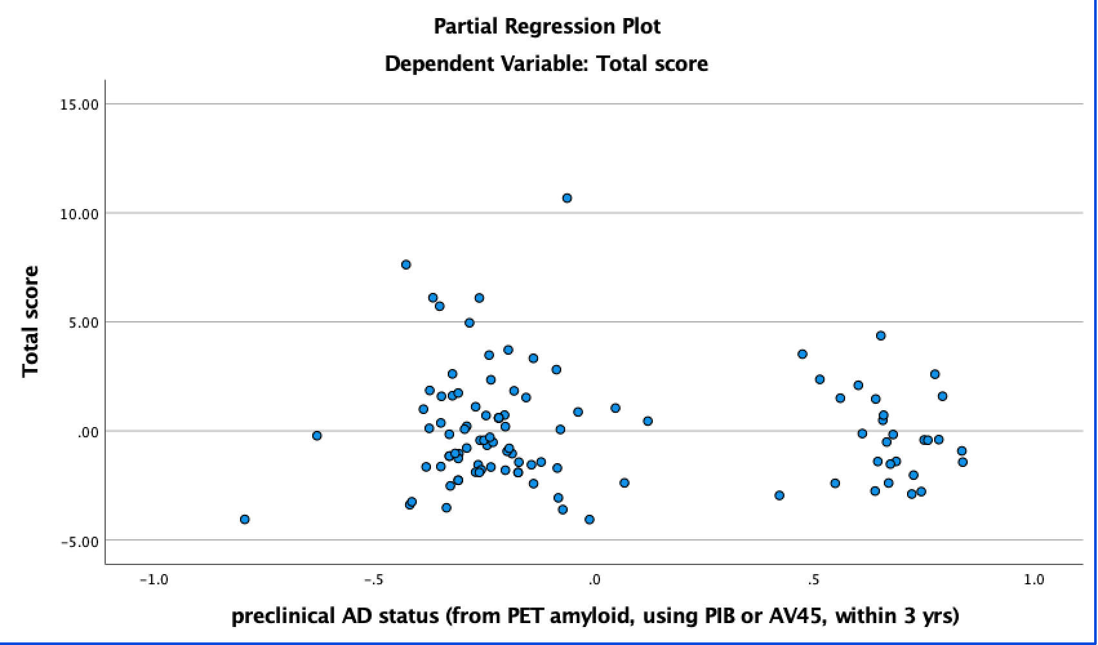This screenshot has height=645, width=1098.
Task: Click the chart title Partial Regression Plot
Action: (x=546, y=26)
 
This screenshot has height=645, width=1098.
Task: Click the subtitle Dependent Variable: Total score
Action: (x=546, y=64)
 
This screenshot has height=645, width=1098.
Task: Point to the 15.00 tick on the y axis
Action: (x=79, y=104)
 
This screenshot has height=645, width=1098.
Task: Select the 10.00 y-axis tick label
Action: (x=79, y=213)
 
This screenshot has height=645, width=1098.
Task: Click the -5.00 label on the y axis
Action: (x=79, y=541)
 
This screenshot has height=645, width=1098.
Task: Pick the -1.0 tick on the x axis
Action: (x=154, y=580)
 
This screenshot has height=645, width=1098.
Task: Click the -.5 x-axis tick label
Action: (x=374, y=580)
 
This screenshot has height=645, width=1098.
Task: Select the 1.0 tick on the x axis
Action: (x=1033, y=580)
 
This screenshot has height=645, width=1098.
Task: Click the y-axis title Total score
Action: (x=30, y=321)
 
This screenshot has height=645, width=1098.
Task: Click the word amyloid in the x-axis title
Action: (x=584, y=616)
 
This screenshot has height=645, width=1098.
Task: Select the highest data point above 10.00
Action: (x=567, y=198)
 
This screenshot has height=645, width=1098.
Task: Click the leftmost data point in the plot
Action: (x=245, y=519)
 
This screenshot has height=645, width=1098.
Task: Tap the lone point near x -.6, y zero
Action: (x=317, y=435)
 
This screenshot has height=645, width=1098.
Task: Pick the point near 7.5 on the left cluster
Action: (x=406, y=264)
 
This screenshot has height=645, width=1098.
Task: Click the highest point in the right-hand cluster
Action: (x=881, y=335)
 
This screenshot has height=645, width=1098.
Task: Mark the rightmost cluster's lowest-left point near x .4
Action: (x=779, y=495)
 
